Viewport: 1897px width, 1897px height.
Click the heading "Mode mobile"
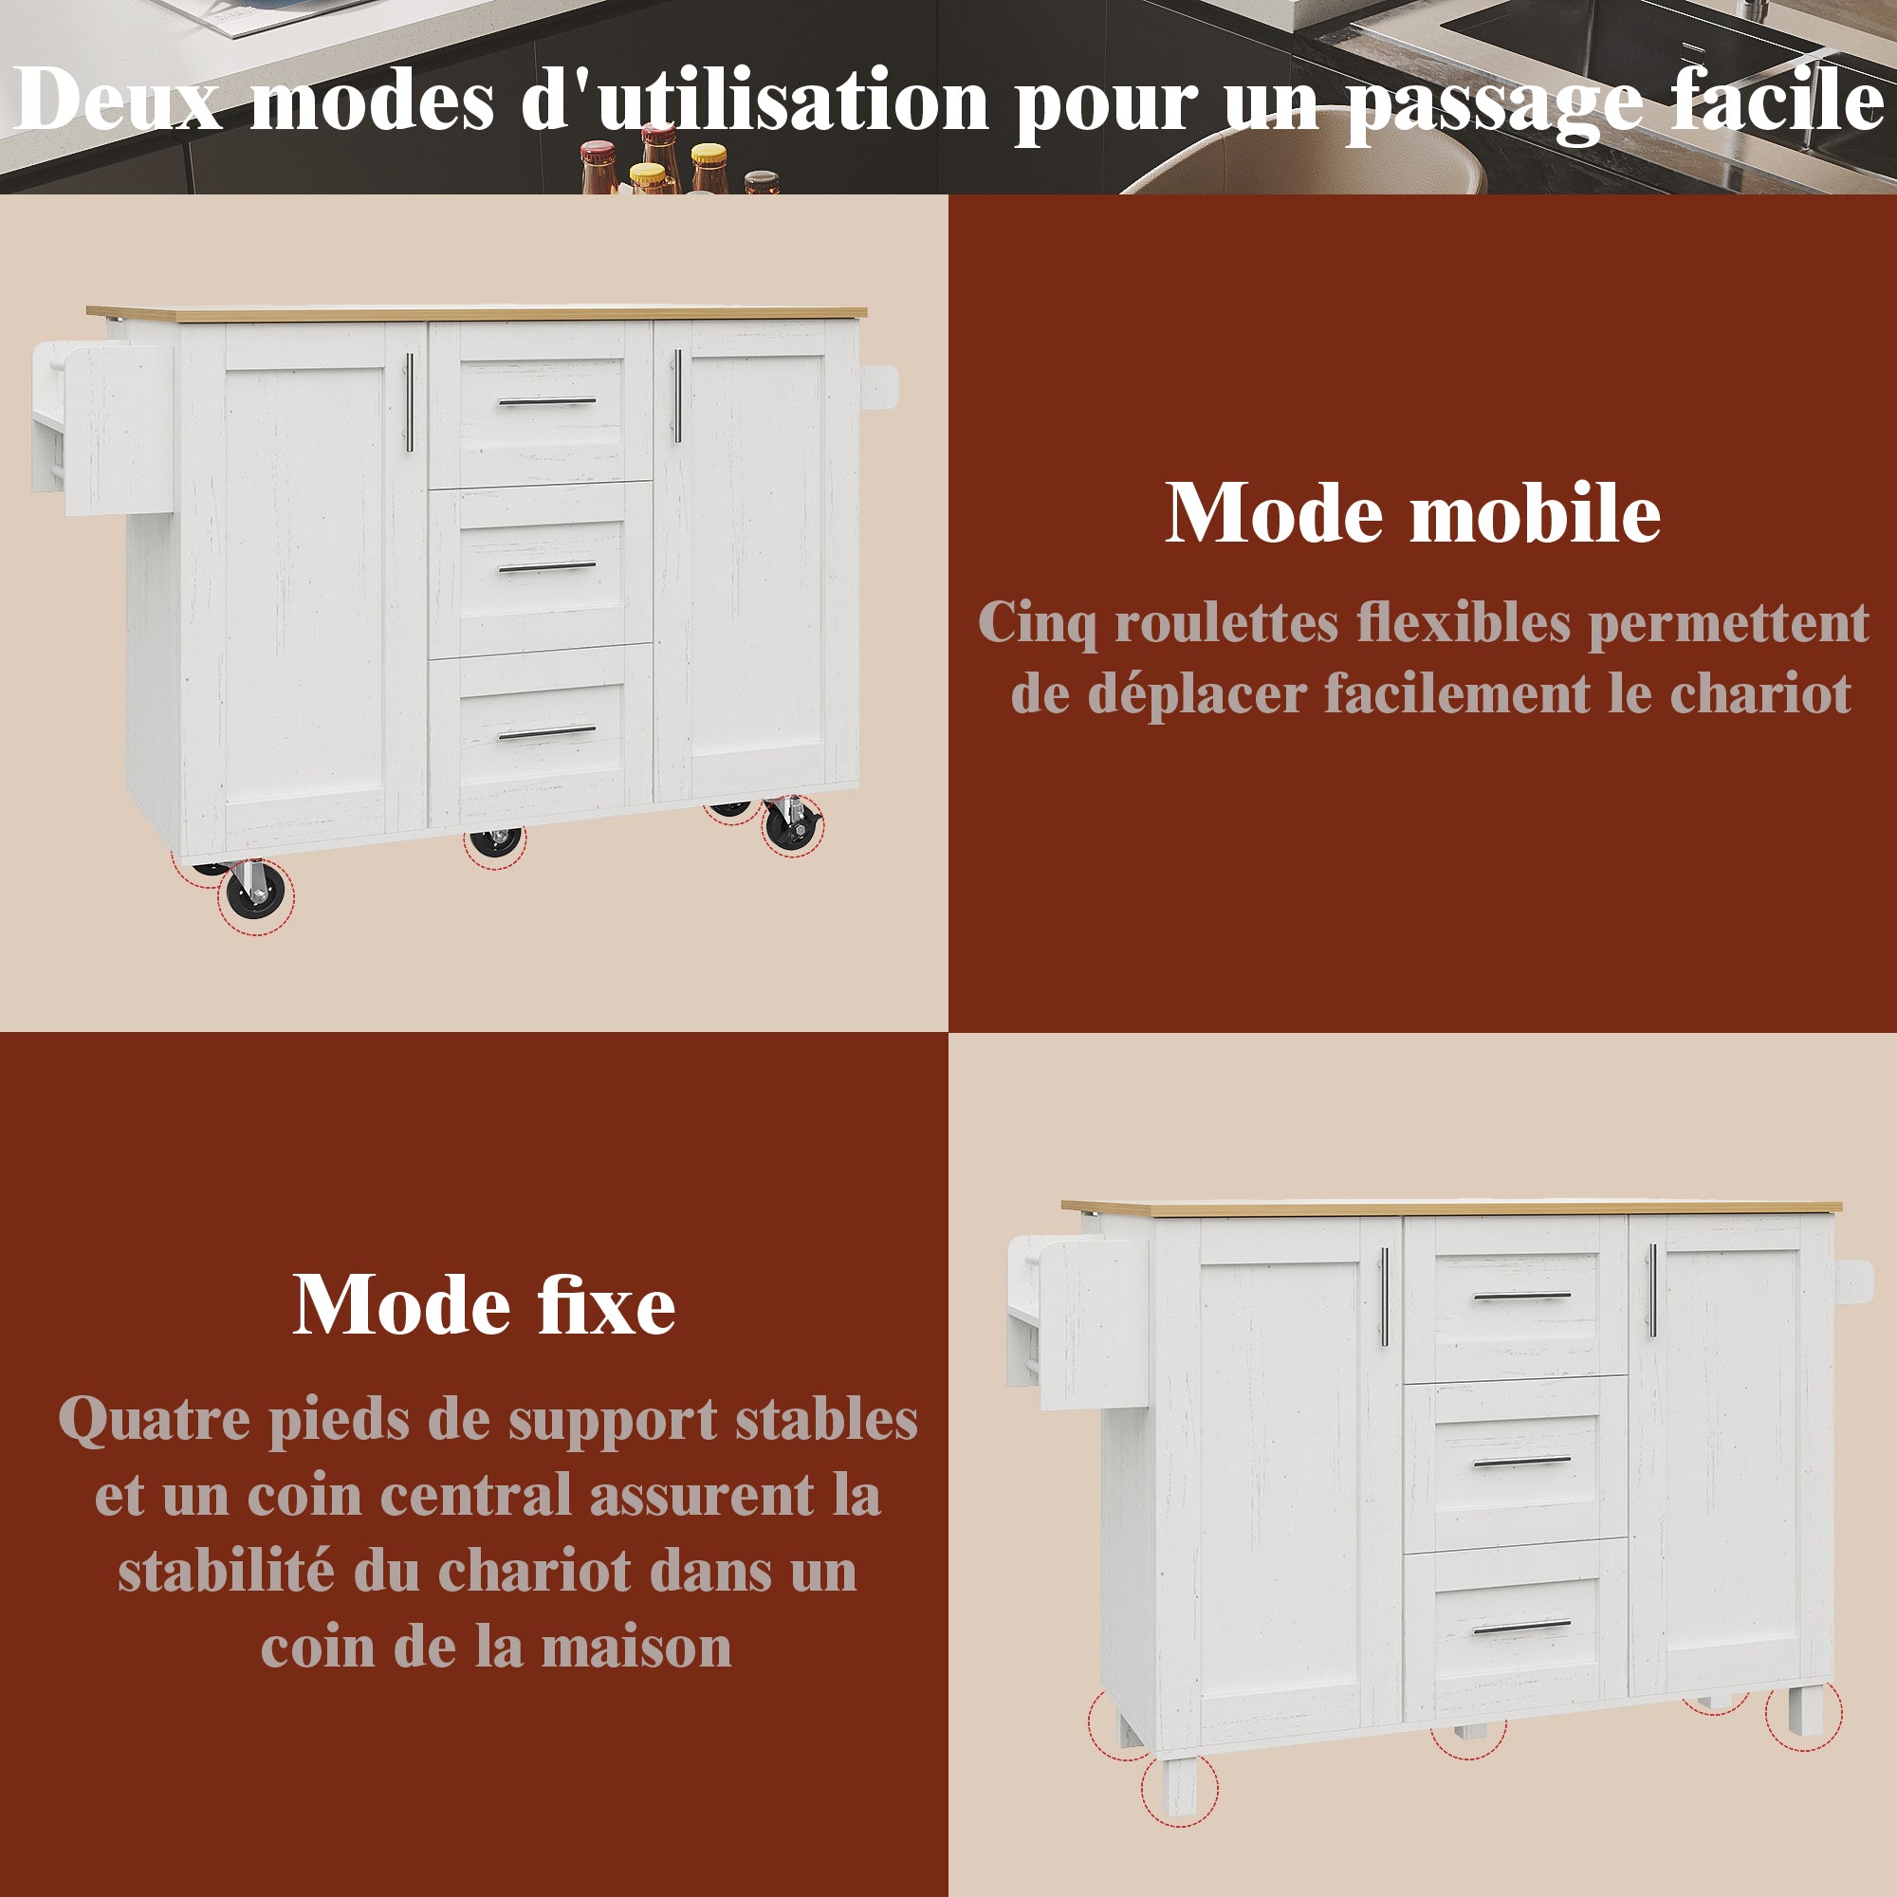click(x=1412, y=513)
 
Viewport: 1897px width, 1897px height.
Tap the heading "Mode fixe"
click(x=484, y=1306)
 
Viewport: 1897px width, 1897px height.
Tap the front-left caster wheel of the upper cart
click(x=255, y=892)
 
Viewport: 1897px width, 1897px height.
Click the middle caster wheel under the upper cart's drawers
click(x=496, y=842)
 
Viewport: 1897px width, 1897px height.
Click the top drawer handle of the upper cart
click(x=547, y=401)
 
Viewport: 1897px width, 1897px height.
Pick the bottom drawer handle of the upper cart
click(x=547, y=732)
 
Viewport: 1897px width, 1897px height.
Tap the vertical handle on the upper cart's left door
click(x=410, y=402)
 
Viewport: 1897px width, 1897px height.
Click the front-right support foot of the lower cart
click(x=1804, y=1711)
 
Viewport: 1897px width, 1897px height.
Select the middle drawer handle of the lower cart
click(x=1522, y=1461)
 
